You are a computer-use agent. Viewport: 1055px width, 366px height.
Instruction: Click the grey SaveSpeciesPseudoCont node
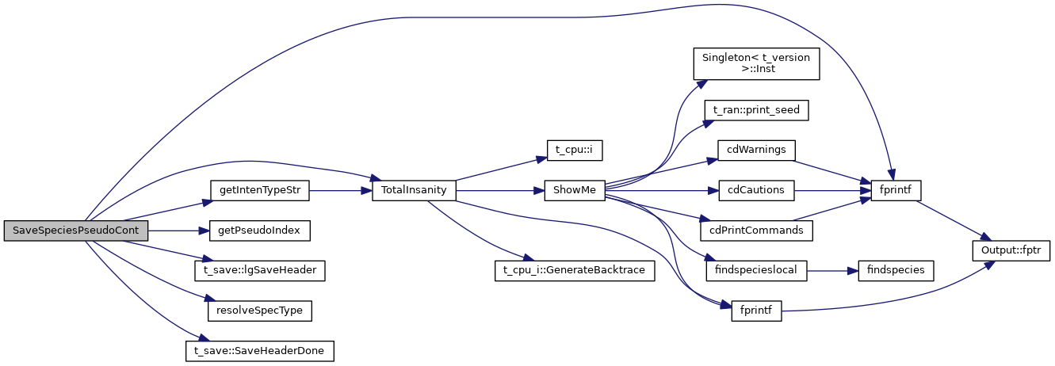(x=75, y=231)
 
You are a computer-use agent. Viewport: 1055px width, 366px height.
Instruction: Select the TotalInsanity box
(x=414, y=190)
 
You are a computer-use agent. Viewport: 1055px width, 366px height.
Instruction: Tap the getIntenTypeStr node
(x=259, y=190)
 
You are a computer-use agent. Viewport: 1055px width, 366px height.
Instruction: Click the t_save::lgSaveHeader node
(x=259, y=270)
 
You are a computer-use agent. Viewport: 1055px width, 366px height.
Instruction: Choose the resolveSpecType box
(x=259, y=311)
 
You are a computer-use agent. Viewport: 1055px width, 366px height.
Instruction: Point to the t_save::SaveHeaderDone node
(x=259, y=350)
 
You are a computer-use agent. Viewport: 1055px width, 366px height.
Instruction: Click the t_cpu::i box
(x=569, y=150)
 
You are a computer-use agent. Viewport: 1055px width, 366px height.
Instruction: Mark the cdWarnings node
(x=755, y=150)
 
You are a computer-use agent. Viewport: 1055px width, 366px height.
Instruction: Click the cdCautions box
(x=755, y=190)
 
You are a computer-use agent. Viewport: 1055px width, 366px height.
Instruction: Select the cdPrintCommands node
(x=755, y=231)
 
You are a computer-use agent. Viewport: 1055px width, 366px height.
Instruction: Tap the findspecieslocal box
(x=755, y=270)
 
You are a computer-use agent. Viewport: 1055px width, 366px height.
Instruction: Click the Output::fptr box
(x=1011, y=250)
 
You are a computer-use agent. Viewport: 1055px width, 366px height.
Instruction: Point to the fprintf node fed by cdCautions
(x=895, y=190)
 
